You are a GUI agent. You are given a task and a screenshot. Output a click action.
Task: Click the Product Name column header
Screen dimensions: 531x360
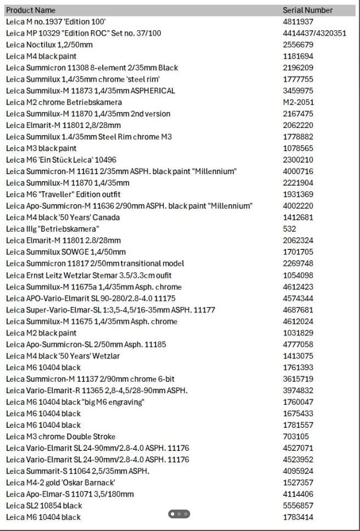[x=31, y=10]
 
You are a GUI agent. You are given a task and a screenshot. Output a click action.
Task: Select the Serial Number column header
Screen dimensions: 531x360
[x=307, y=10]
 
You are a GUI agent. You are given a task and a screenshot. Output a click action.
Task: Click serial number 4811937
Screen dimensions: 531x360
[x=298, y=21]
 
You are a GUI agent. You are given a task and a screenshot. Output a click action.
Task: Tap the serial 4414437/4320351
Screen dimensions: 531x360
[x=314, y=33]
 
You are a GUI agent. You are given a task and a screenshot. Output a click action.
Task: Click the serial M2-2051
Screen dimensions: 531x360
[x=298, y=102]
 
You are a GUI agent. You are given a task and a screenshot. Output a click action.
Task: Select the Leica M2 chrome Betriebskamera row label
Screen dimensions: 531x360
[x=64, y=102]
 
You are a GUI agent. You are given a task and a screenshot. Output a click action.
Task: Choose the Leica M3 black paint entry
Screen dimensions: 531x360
[x=41, y=148]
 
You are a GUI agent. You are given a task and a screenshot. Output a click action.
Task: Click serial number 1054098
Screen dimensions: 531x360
[x=298, y=275]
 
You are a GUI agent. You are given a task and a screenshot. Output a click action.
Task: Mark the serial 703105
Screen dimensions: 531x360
[x=296, y=437]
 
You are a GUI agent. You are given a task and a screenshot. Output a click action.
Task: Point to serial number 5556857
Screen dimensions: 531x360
[x=298, y=506]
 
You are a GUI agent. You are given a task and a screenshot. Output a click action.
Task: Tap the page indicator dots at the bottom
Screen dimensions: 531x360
[x=179, y=514]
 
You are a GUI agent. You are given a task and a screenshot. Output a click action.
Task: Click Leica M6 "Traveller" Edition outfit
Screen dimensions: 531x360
[x=63, y=194]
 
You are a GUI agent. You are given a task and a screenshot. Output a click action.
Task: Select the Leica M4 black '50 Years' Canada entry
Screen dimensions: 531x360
[x=63, y=217]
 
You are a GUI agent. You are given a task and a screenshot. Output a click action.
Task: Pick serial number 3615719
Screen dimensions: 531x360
[x=298, y=379]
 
